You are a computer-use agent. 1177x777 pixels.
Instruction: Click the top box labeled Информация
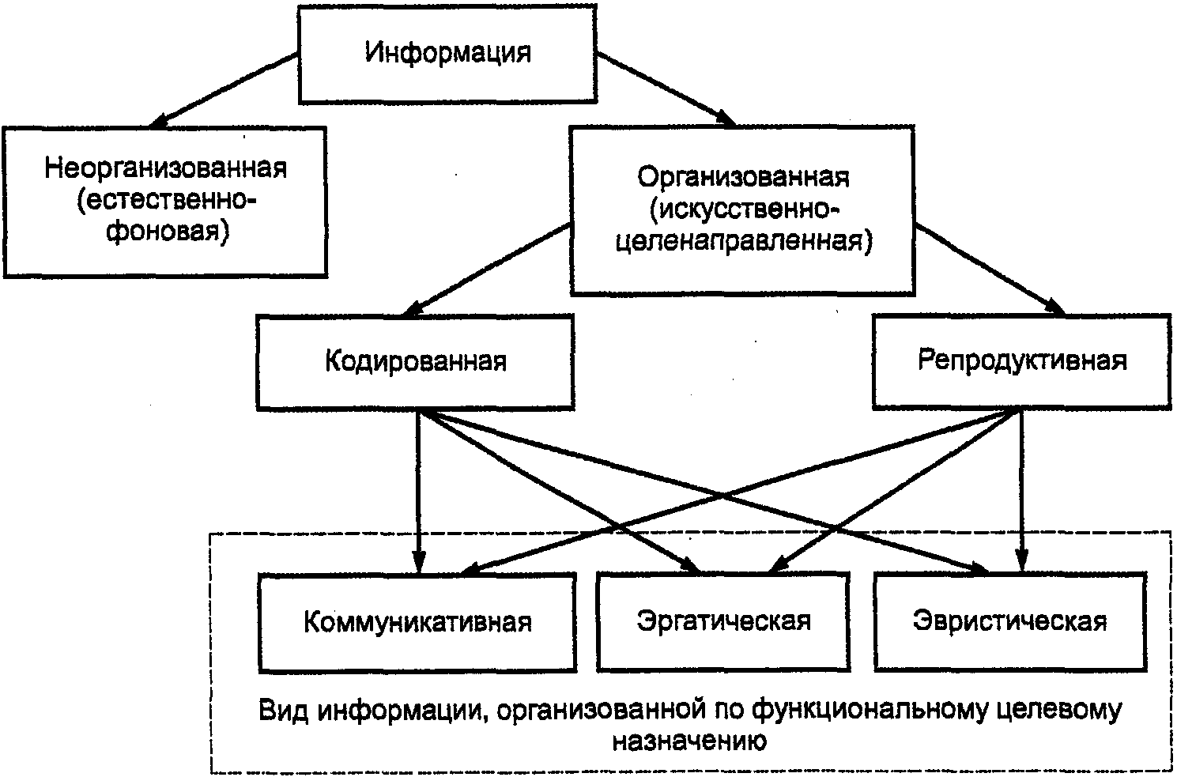447,54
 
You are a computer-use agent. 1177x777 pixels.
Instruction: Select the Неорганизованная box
165,201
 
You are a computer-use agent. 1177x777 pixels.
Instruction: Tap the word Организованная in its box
743,176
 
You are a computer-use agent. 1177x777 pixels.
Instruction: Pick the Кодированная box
415,361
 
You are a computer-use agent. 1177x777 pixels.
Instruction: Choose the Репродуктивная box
1021,360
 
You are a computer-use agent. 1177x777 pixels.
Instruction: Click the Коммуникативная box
417,622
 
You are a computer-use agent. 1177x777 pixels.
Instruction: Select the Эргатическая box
723,621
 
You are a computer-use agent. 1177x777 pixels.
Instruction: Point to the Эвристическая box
1009,621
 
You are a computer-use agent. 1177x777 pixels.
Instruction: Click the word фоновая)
167,233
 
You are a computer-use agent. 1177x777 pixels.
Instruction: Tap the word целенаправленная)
743,241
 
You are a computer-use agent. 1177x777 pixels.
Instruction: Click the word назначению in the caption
689,742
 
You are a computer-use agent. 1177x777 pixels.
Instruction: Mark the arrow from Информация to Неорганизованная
225,89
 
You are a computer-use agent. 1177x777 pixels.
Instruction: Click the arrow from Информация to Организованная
666,89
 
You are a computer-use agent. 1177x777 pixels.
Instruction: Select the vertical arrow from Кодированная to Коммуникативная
418,490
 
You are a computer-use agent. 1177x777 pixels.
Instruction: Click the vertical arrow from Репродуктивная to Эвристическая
1022,490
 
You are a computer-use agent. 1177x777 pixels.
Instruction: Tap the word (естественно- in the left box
167,201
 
